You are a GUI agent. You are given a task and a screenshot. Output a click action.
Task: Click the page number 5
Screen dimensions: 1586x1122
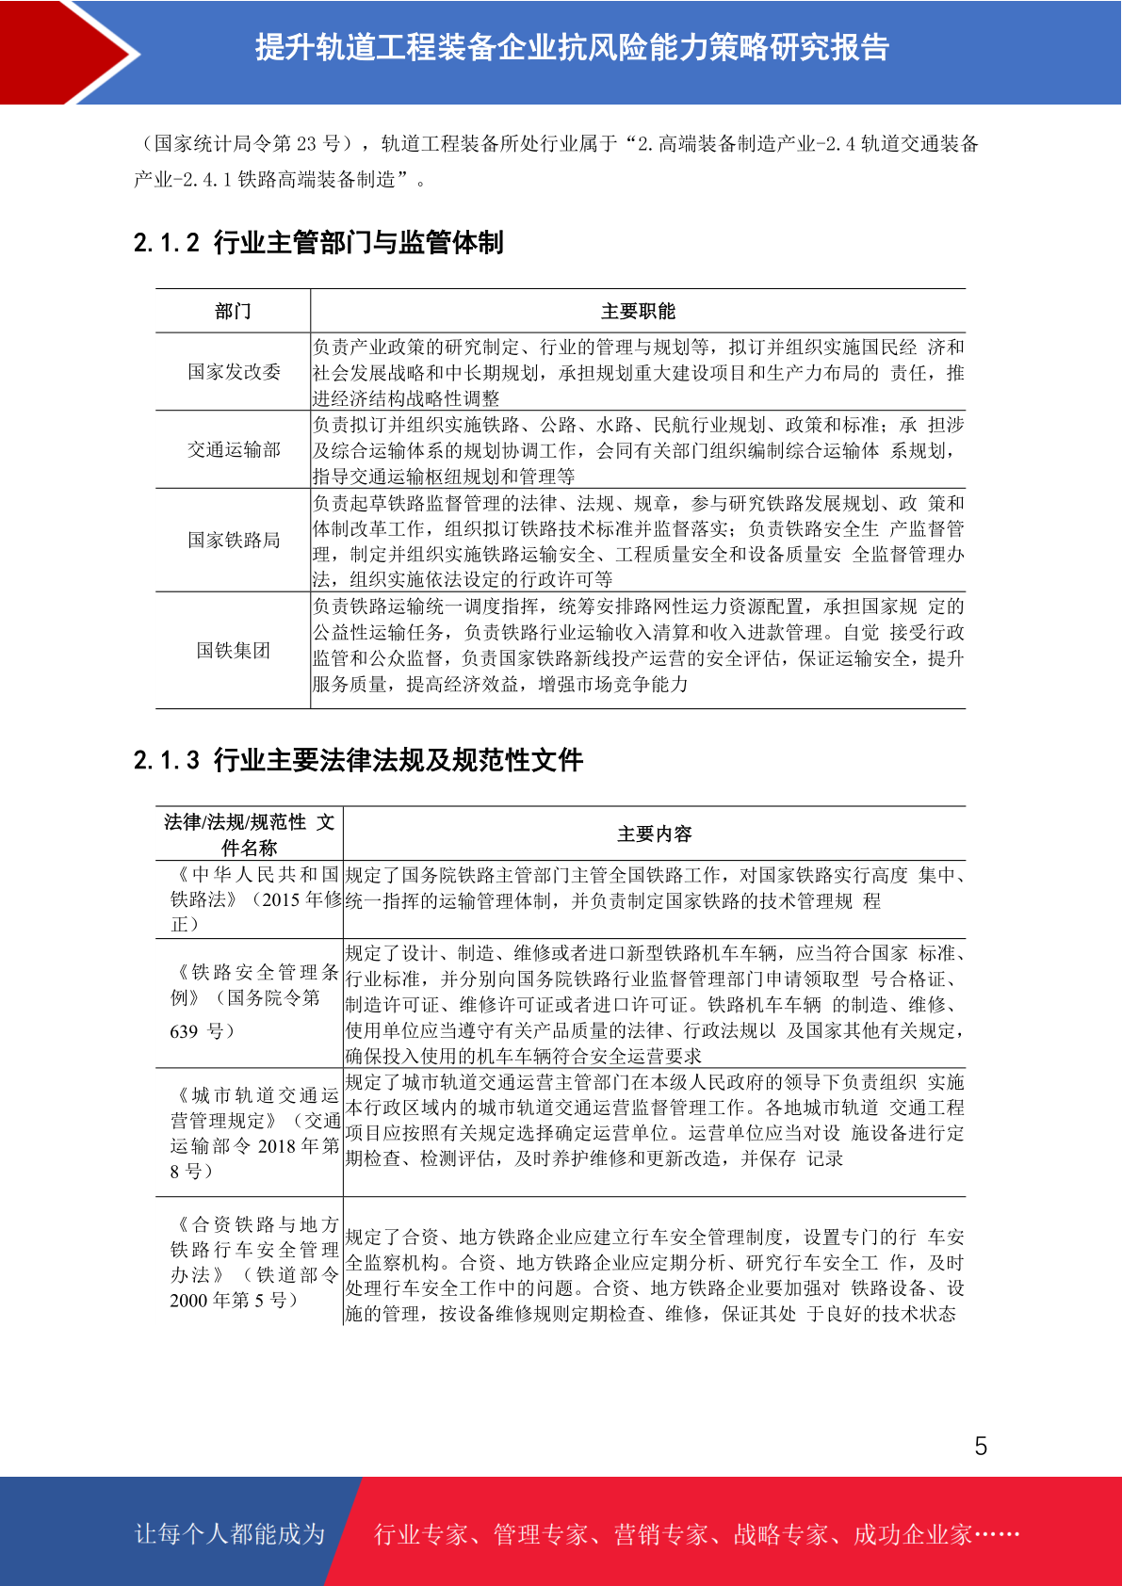pos(981,1446)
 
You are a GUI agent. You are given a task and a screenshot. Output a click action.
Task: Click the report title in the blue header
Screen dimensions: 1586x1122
pos(572,47)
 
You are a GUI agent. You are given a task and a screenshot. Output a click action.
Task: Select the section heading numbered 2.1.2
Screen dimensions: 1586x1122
pos(318,243)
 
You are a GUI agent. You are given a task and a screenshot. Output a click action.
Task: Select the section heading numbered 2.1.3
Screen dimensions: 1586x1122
pos(358,760)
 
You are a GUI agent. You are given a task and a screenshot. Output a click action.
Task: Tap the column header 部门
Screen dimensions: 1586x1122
pos(233,312)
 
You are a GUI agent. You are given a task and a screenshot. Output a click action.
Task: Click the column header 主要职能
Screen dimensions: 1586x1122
pos(638,312)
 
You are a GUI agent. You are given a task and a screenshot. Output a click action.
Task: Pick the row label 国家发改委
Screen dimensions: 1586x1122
pos(234,372)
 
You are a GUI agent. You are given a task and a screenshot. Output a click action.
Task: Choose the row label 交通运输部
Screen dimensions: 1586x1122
pos(234,450)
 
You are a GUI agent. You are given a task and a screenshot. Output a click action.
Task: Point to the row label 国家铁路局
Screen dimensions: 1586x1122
pos(234,540)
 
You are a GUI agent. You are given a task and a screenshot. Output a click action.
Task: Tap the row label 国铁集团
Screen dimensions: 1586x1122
pos(234,651)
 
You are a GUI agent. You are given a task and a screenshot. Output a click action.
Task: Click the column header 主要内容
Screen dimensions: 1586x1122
pos(654,834)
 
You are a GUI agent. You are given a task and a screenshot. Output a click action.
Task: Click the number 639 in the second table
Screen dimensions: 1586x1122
pos(184,1031)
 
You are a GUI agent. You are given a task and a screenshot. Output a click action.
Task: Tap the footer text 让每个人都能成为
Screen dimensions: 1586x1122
pos(230,1534)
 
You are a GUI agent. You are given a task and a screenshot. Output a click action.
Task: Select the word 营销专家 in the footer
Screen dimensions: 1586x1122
pos(660,1534)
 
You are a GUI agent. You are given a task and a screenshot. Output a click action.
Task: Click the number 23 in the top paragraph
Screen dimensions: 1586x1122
pos(306,144)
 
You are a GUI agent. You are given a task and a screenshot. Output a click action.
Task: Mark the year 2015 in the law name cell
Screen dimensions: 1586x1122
pos(281,900)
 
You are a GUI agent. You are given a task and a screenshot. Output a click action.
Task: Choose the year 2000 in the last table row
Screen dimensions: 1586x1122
pos(188,1301)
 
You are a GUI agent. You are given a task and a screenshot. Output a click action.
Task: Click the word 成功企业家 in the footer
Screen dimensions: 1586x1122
pos(912,1534)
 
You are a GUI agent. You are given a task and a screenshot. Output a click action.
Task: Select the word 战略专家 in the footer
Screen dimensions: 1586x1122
pos(780,1534)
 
